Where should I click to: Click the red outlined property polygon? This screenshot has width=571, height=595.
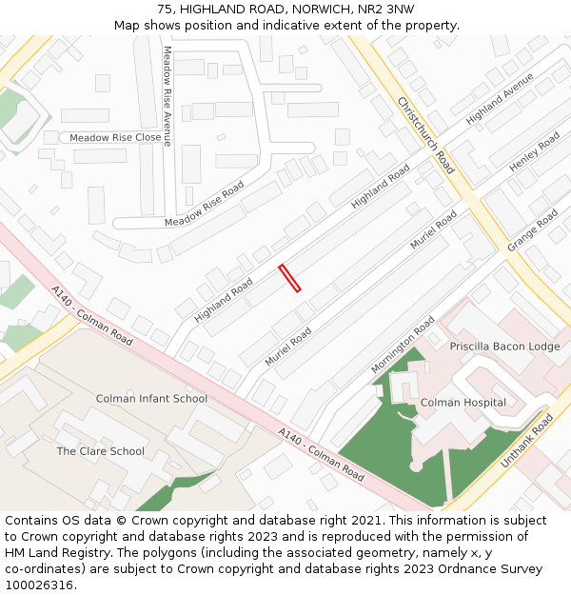pos(289,278)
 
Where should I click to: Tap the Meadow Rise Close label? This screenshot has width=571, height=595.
pos(115,138)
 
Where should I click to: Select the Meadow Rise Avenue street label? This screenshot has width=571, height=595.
pos(167,95)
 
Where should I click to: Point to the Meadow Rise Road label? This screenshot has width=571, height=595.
pos(205,203)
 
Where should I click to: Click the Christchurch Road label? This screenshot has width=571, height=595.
pos(426,134)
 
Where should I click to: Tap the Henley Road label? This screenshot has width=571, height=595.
pos(535,152)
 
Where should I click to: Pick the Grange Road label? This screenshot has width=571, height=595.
pos(532,230)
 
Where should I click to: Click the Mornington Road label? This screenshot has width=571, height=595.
pos(403,345)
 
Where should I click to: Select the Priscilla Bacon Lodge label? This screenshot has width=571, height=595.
pos(504,347)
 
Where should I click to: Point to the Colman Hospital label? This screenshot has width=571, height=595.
pos(463,403)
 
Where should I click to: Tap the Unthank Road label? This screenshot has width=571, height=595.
pos(527,441)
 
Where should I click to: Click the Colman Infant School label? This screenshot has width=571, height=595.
pos(151,399)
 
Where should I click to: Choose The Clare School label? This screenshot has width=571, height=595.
pos(100,451)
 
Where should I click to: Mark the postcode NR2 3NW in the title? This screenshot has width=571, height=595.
pos(388,9)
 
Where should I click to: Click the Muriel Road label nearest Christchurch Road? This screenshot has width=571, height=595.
pos(434,229)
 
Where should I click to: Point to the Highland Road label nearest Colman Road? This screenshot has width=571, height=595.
pos(224,299)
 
